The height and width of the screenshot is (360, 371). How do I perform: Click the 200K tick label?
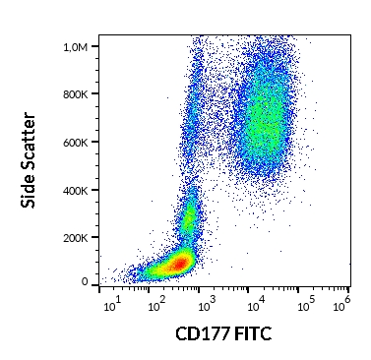click(75, 236)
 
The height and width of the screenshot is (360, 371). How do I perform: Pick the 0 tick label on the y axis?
click(85, 282)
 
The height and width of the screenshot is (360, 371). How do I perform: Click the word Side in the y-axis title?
click(31, 189)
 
